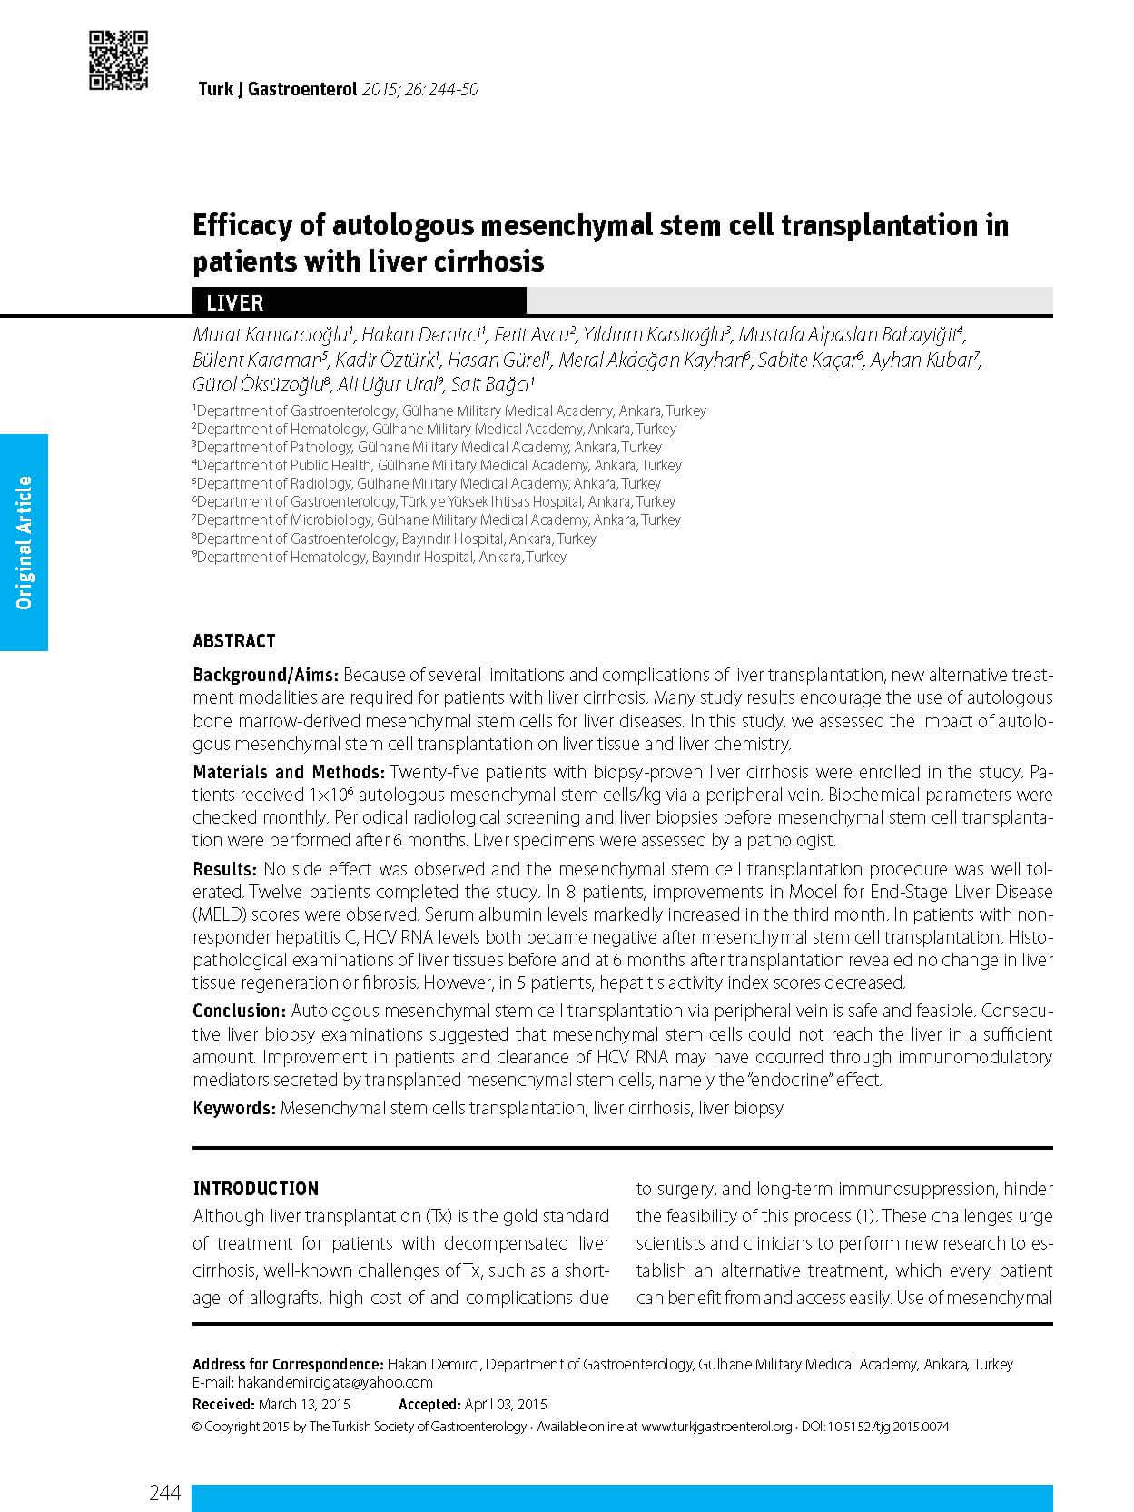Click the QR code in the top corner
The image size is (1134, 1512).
point(118,61)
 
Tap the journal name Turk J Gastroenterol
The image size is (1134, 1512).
point(278,90)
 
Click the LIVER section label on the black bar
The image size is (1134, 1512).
point(234,302)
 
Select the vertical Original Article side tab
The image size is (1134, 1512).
point(24,542)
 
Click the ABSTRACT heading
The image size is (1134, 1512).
point(233,641)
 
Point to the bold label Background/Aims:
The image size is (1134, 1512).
point(265,675)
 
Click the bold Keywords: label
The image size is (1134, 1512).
point(233,1108)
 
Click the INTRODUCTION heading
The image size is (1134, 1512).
point(255,1189)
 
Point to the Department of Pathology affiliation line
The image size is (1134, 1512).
point(428,447)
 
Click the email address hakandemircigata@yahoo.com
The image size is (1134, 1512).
point(335,1382)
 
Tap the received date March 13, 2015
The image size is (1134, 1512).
point(304,1404)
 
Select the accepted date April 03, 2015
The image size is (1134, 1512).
point(505,1404)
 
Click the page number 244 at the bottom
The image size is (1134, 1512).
point(165,1493)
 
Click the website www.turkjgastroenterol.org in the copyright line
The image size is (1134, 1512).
point(716,1427)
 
